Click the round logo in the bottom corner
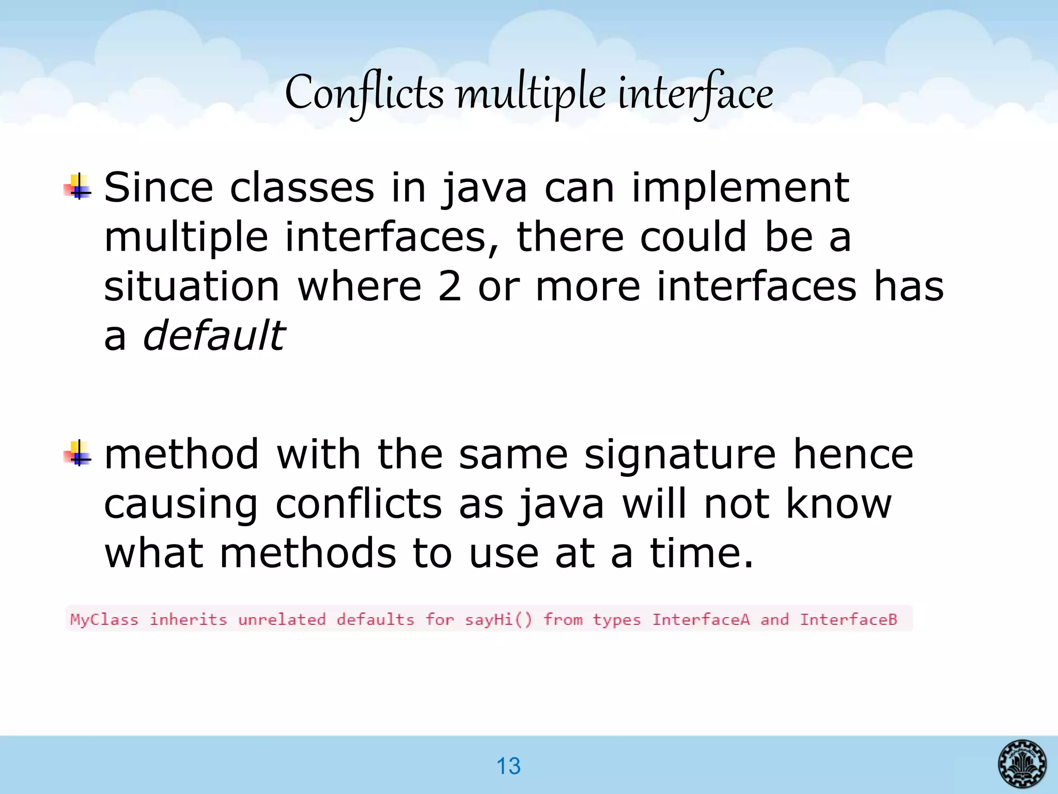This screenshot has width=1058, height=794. (1022, 764)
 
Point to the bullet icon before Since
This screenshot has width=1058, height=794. (77, 188)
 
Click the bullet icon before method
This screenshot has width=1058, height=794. (77, 454)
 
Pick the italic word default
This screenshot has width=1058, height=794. (213, 335)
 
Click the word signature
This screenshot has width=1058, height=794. (680, 454)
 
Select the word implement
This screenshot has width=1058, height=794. (740, 187)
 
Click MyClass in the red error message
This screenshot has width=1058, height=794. (104, 619)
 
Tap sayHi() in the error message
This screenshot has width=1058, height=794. (498, 619)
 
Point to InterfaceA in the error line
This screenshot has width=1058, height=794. (701, 619)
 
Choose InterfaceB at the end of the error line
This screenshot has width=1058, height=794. (848, 619)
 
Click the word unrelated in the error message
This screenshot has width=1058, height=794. (282, 619)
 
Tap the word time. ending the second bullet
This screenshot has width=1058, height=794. (702, 553)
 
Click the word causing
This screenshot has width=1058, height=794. (181, 504)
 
